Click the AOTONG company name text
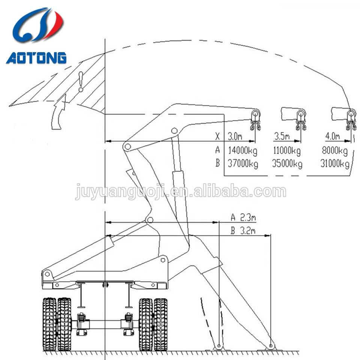(x=36, y=58)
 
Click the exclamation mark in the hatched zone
(x=80, y=83)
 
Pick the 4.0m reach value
(x=332, y=136)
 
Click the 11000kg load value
(x=288, y=151)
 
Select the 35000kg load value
(x=288, y=164)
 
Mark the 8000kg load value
(x=334, y=151)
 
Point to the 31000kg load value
(x=334, y=164)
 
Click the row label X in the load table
(x=216, y=136)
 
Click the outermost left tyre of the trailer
(x=50, y=324)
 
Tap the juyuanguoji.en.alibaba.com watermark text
(x=180, y=192)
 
